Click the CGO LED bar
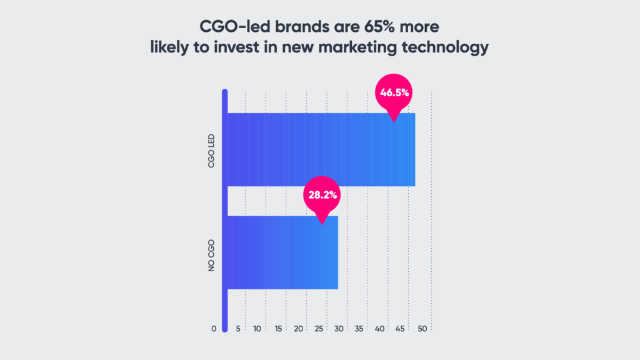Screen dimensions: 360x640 [320, 150]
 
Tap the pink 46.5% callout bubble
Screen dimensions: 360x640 [394, 93]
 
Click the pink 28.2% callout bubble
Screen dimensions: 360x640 [322, 195]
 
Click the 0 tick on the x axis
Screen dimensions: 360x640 [214, 329]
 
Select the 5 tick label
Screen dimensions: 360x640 [238, 329]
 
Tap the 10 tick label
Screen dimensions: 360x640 [257, 329]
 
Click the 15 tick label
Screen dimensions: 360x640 [277, 329]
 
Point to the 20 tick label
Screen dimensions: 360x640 [298, 329]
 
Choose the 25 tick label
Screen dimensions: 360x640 [319, 329]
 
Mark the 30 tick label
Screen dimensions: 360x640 [339, 329]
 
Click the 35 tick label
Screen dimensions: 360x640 [360, 329]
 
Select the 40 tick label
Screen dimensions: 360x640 [381, 329]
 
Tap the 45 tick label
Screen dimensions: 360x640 [401, 329]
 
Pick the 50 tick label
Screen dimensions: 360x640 [422, 329]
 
